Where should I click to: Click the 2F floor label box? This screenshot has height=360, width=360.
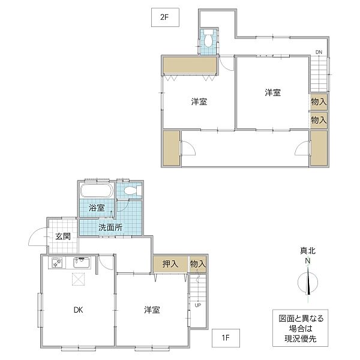coord(165,17)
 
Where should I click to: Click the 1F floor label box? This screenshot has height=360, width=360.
coord(226,338)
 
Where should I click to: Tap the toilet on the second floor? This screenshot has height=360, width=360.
coord(208,41)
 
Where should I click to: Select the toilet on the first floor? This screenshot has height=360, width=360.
coord(133,190)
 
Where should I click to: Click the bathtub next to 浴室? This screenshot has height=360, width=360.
coord(97,190)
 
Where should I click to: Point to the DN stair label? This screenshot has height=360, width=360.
coord(319,52)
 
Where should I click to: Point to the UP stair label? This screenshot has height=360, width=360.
coord(198,305)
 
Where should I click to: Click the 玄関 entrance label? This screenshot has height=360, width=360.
coord(62,236)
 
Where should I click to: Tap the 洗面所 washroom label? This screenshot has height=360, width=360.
coord(110,227)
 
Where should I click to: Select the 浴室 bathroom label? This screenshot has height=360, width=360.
coord(97,208)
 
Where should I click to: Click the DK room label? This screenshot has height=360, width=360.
coord(78,310)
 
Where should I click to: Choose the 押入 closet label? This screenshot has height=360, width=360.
coord(170,264)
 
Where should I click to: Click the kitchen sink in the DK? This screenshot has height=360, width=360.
coord(82,263)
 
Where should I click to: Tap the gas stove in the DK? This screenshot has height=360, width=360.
coord(57,263)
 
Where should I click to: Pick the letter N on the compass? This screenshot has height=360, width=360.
coord(308,261)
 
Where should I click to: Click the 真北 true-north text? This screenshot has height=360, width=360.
coord(308,251)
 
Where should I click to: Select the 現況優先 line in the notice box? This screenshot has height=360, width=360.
coord(301,338)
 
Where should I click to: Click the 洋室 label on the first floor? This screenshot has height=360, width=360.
coord(152,310)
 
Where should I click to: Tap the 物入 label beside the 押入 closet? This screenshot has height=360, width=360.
coord(198,264)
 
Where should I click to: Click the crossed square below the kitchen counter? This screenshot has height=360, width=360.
coord(78,279)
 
